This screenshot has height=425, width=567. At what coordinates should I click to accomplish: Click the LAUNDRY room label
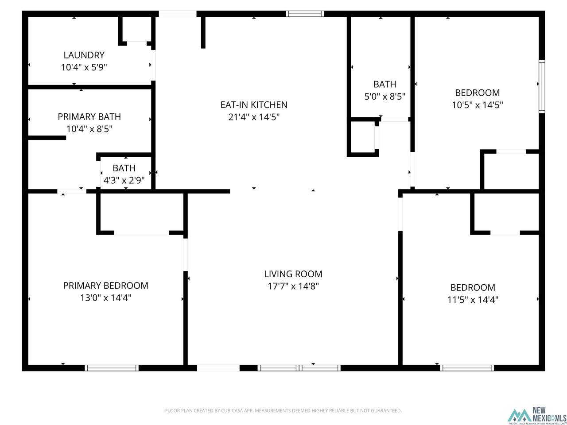click(84, 55)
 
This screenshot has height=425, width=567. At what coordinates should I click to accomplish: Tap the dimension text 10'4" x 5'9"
click(84, 67)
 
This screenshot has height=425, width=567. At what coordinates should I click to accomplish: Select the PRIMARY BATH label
click(89, 116)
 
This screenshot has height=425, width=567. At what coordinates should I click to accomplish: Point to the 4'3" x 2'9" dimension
click(124, 180)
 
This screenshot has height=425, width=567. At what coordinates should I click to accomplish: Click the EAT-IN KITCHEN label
click(254, 105)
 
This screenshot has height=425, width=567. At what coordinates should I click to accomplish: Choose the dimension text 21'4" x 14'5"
click(254, 117)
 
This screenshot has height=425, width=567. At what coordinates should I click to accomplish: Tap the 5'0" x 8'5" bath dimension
click(384, 97)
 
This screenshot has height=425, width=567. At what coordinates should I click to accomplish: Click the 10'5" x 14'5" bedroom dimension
click(477, 105)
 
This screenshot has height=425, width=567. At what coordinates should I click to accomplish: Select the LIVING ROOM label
click(293, 274)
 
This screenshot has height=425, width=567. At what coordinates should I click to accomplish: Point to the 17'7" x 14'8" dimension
click(293, 286)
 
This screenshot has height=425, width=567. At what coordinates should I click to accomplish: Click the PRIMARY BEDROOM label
click(106, 286)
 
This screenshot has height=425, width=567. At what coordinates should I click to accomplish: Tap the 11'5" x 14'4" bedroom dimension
click(473, 300)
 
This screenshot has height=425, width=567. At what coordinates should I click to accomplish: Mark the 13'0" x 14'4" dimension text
click(106, 298)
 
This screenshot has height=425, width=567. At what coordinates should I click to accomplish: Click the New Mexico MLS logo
click(537, 415)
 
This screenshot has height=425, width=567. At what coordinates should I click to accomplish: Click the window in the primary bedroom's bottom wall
click(112, 368)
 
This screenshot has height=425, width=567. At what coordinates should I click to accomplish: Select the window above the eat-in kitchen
click(305, 14)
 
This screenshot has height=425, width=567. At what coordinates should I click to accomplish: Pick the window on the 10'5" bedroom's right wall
click(542, 86)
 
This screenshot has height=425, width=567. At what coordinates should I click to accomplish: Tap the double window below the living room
click(299, 368)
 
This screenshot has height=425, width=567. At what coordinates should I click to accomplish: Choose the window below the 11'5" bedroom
click(467, 368)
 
